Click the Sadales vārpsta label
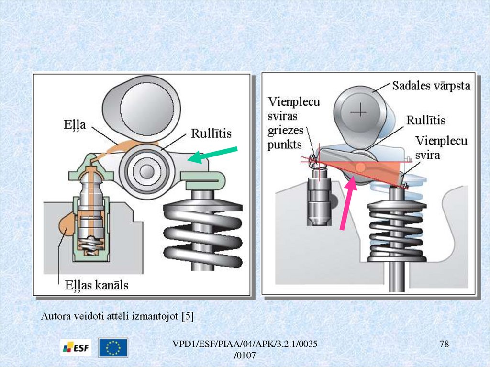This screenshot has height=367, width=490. click(431, 86)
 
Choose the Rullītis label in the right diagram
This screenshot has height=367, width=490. click(425, 120)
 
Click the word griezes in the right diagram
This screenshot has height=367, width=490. click(286, 130)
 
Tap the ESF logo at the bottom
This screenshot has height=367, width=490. click(76, 348)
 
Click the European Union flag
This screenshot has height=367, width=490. click(113, 348)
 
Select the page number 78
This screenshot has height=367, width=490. click(445, 345)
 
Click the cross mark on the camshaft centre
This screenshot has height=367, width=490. click(358, 111)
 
